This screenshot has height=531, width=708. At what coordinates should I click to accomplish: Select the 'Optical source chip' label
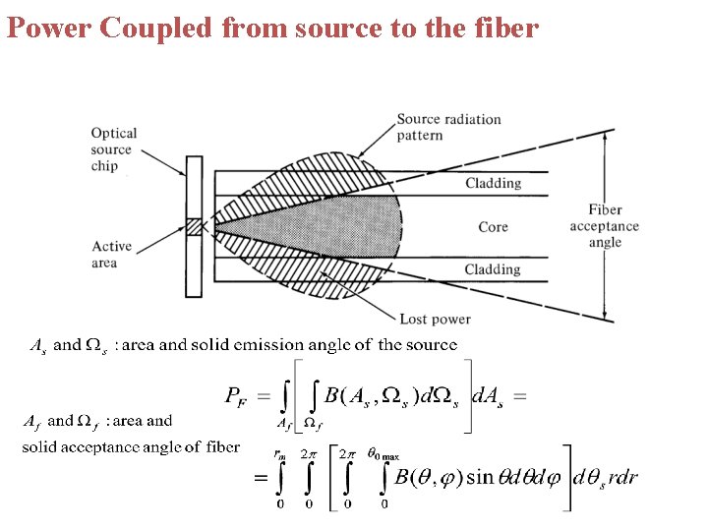click(x=113, y=149)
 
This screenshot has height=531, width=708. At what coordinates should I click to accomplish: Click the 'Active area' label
click(x=111, y=255)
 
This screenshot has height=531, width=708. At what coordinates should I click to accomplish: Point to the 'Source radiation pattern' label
click(x=448, y=127)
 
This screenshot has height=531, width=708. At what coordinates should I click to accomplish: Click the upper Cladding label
click(x=493, y=183)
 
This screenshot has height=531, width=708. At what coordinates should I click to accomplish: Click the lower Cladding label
click(x=493, y=269)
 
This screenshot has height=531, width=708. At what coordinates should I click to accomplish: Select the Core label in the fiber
click(x=493, y=227)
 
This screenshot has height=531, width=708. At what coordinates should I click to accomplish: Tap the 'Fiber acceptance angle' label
click(x=604, y=226)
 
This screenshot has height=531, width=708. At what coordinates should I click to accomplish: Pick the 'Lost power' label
click(x=435, y=319)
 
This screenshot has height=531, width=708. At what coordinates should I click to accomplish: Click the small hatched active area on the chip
click(x=193, y=226)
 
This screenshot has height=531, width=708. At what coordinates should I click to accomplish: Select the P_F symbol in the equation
click(x=237, y=396)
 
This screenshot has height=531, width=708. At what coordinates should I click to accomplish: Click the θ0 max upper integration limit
click(x=383, y=454)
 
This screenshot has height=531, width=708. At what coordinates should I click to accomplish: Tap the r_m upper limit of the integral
click(x=279, y=454)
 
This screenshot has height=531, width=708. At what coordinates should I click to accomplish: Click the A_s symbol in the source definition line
click(x=37, y=345)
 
